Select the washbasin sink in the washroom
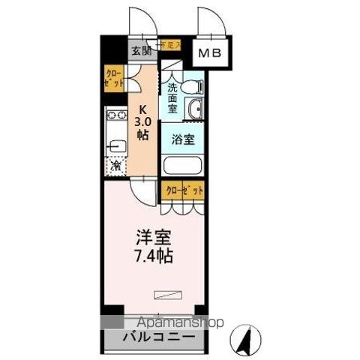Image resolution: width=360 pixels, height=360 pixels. coord(196,109)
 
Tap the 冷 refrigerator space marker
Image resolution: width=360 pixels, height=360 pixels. coord(116,165)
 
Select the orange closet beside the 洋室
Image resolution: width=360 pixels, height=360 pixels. coord(184,191)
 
